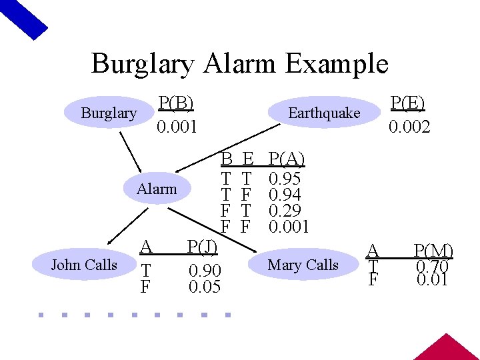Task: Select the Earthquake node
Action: [323, 113]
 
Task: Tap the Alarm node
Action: [157, 189]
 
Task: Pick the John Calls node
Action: [84, 265]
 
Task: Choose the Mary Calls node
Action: [303, 265]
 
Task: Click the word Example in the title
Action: [336, 64]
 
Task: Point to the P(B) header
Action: [176, 103]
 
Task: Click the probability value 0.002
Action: [410, 127]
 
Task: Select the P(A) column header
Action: [285, 159]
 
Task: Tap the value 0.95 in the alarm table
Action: [284, 179]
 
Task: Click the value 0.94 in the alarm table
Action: [284, 195]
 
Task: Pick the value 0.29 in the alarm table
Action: [284, 211]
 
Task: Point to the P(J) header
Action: [202, 247]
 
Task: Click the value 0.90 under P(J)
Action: [205, 271]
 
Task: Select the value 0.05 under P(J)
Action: [205, 287]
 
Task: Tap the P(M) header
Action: [433, 251]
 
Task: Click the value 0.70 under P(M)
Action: [432, 266]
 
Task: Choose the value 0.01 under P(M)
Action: [432, 279]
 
